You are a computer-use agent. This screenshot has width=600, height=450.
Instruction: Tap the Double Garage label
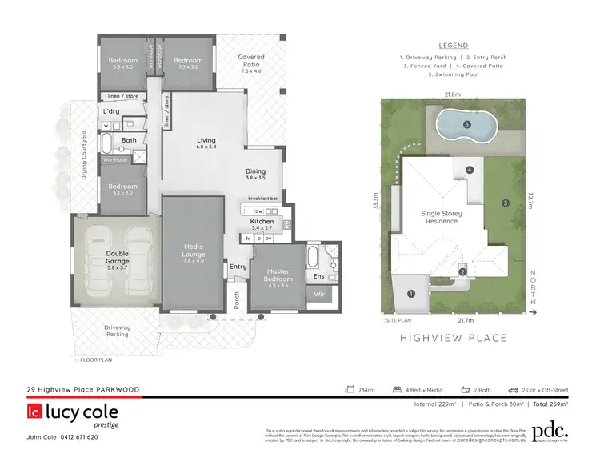pos(117,256)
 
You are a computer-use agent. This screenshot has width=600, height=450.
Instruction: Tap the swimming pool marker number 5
pos(467,124)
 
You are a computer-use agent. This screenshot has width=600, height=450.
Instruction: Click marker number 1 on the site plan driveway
pos(411,294)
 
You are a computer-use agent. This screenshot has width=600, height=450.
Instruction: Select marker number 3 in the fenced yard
pos(505,203)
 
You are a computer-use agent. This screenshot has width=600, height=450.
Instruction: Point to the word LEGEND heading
pos(454,46)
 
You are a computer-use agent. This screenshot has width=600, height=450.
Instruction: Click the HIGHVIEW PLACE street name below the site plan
pos(454,338)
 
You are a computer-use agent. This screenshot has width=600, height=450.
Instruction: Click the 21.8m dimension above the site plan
pos(452,94)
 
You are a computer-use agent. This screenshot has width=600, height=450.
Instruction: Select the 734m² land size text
pos(364,390)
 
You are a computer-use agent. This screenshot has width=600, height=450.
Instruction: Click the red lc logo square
pos(34,413)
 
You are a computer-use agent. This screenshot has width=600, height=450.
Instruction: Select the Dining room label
pos(256,173)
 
